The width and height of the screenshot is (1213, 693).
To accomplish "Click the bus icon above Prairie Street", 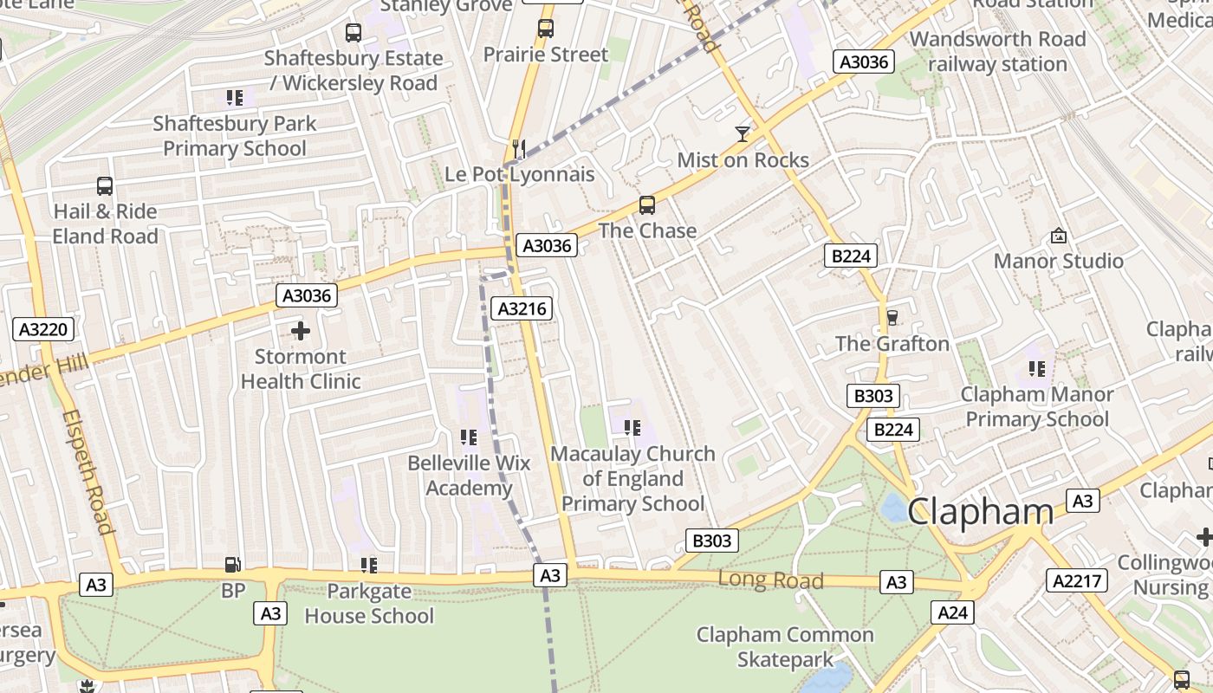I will tap(545, 28).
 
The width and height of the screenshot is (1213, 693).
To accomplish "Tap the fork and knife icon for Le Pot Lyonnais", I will tap(519, 149).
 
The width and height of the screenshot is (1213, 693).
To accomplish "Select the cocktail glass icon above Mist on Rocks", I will tap(743, 133).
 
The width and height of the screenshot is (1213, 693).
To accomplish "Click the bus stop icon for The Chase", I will tap(647, 205).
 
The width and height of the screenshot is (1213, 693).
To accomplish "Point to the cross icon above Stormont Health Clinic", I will tap(301, 331).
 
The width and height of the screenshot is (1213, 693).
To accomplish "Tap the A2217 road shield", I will tap(1077, 580).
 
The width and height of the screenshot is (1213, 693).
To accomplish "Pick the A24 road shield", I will tap(953, 613).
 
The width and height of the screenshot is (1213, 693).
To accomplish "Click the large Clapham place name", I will tap(981, 511).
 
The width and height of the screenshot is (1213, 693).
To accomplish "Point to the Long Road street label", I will tap(770, 580).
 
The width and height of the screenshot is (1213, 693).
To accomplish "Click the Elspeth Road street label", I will tap(88, 471).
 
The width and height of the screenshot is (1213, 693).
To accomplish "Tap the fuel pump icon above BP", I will tap(233, 565).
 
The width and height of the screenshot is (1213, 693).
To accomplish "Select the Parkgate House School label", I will tap(369, 604).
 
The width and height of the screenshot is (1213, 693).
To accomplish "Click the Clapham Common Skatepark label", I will tap(786, 647).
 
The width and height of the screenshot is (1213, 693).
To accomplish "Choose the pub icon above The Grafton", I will tap(892, 318).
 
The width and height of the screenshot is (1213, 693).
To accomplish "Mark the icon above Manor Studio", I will tap(1058, 236).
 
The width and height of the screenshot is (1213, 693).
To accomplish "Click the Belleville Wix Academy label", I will tap(469, 476).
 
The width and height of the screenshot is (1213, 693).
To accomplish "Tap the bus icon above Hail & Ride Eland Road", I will tap(105, 186).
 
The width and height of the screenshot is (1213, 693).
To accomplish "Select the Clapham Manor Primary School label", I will tap(1037, 406).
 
